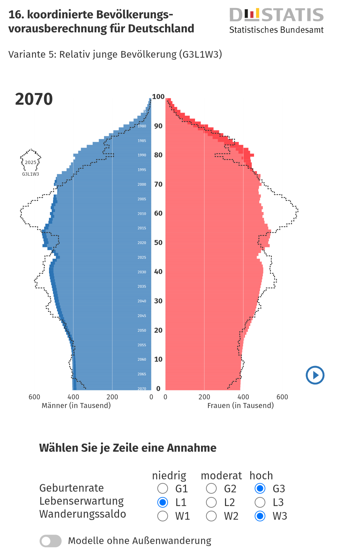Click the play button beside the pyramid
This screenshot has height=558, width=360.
click(x=315, y=375)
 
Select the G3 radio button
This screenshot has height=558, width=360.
click(x=260, y=488)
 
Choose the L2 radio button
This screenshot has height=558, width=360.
click(x=211, y=502)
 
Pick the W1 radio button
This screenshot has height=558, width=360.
click(x=163, y=516)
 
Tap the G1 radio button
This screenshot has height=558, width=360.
click(x=163, y=488)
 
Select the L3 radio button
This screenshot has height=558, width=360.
click(x=260, y=502)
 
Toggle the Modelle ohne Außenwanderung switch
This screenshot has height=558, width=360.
click(x=51, y=541)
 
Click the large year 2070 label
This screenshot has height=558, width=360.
click(x=34, y=99)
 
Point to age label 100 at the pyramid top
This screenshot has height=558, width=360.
click(x=158, y=97)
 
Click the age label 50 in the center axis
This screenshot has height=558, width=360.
click(x=158, y=243)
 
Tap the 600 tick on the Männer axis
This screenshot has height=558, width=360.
click(x=34, y=397)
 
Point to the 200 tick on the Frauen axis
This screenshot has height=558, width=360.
click(x=204, y=397)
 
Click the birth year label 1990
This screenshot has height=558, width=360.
click(x=142, y=155)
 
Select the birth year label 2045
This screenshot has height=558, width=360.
click(x=142, y=316)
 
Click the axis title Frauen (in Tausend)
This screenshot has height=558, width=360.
click(x=240, y=406)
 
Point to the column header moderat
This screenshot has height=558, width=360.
click(x=221, y=476)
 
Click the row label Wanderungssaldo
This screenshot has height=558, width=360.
click(x=83, y=514)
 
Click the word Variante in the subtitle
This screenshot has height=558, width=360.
click(x=27, y=54)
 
